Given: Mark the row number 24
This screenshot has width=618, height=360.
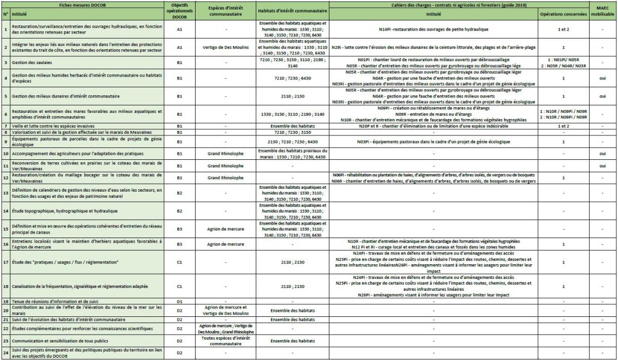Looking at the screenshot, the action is [5, 353].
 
